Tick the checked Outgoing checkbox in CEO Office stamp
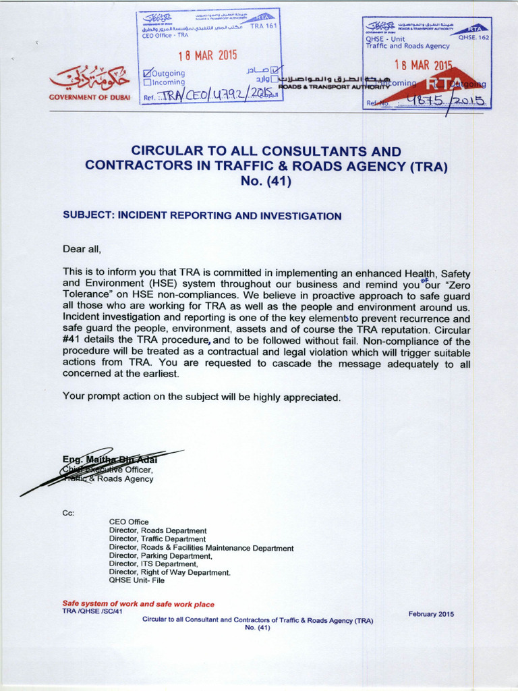click(x=147, y=73)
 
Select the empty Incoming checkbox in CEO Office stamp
click(x=147, y=82)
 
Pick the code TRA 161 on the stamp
click(x=264, y=26)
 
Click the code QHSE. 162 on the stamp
click(x=474, y=38)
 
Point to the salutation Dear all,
click(x=81, y=249)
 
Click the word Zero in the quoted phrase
click(x=456, y=285)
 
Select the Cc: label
click(x=68, y=513)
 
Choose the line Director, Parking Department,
click(x=161, y=556)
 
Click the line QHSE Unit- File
click(x=137, y=580)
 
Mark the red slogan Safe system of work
click(x=138, y=604)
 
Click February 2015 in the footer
click(x=431, y=614)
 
